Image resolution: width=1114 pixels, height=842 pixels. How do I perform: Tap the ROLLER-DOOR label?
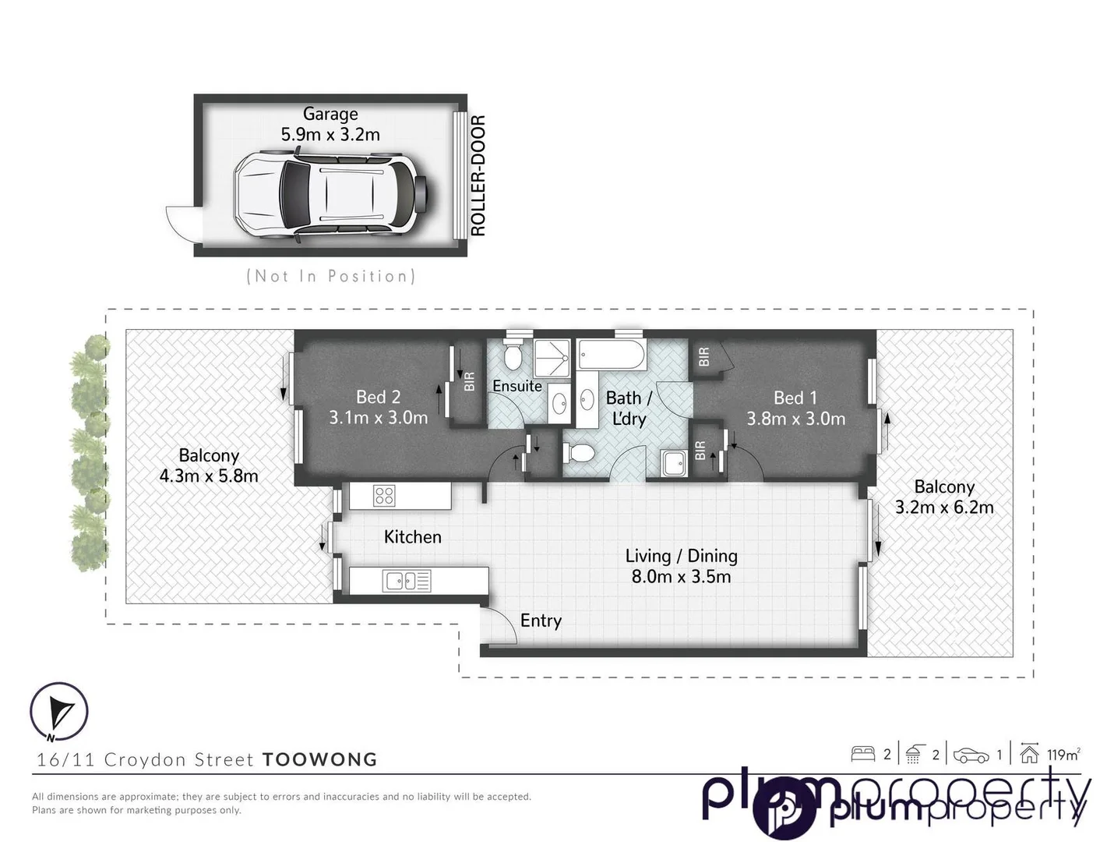478,176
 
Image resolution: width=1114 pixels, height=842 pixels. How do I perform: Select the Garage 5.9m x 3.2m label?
330,125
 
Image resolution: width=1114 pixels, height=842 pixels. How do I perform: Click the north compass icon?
59,712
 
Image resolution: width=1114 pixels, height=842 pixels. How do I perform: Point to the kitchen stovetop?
384,495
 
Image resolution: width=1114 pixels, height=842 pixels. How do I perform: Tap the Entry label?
541,621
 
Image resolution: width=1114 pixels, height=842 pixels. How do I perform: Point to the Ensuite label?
516,386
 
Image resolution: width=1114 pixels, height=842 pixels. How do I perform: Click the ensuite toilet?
513,356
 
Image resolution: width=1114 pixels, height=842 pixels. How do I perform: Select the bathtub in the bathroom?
612,356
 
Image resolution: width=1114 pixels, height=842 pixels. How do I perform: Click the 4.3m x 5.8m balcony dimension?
208,476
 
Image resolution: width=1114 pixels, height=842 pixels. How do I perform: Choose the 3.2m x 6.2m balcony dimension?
944,508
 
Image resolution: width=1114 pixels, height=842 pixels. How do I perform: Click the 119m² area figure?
1063,755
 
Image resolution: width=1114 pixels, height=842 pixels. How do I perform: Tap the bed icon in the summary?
862,754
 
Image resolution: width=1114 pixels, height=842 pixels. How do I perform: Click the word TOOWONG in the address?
319,759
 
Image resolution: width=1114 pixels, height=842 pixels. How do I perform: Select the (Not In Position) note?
330,276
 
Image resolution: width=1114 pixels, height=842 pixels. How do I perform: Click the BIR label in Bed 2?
469,382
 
